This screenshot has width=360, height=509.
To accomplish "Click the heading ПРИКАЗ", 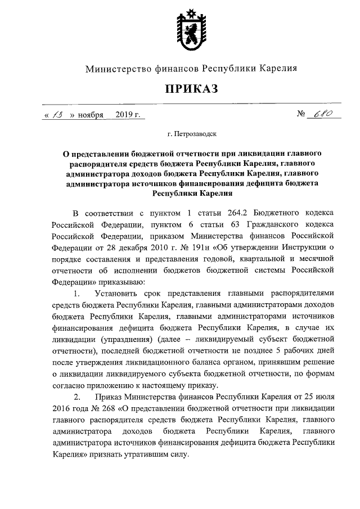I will [191, 88].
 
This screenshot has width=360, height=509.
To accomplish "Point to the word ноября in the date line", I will [91, 115].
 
